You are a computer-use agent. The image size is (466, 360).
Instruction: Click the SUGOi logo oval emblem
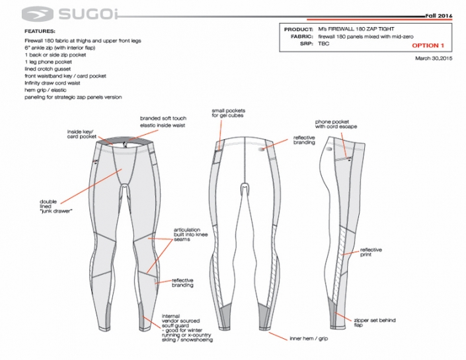(38, 14)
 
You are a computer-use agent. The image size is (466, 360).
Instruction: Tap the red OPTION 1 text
(428, 46)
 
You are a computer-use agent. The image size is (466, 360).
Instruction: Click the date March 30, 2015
(434, 58)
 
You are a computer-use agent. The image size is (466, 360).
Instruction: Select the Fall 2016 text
(439, 16)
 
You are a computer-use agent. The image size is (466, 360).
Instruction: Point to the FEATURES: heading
(40, 31)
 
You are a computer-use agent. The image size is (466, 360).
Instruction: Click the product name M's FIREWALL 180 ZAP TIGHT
(356, 29)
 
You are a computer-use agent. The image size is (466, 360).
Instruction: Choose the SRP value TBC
(324, 44)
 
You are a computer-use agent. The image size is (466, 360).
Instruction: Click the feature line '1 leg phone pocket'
(48, 62)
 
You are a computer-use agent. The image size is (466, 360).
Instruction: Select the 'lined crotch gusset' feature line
(48, 69)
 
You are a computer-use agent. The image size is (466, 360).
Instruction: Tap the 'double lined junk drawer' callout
(56, 206)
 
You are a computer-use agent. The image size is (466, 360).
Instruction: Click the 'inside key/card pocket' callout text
(82, 134)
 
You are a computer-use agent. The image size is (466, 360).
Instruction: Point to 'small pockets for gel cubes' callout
(228, 113)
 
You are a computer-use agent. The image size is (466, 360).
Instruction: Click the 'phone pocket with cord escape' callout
(336, 124)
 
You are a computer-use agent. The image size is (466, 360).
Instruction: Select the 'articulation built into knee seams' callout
(190, 234)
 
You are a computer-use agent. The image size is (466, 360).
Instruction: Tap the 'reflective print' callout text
(371, 252)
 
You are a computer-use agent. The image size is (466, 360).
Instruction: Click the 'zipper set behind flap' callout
(375, 322)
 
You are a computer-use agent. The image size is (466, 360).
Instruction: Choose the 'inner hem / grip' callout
(309, 338)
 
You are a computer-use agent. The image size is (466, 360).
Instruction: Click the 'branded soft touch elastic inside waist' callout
(163, 122)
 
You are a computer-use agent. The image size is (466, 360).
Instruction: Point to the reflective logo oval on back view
(262, 149)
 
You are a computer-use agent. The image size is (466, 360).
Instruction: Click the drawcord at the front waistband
(126, 145)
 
